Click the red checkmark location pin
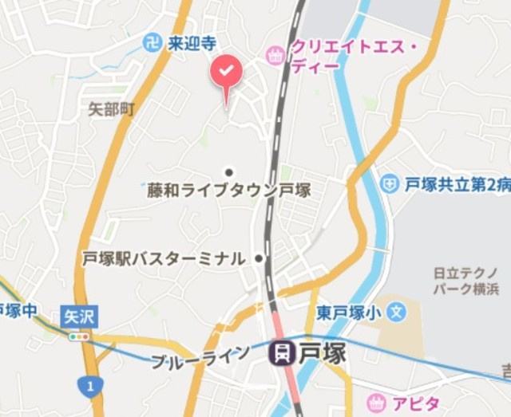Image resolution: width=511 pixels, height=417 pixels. pyautogui.click(x=227, y=73)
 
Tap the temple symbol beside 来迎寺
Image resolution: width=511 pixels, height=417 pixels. pyautogui.click(x=152, y=43)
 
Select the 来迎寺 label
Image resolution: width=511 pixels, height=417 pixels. pyautogui.click(x=192, y=43)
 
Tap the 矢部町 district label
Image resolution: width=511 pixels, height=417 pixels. pyautogui.click(x=111, y=109)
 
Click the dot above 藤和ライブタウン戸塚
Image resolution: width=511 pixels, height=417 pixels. pyautogui.click(x=229, y=172)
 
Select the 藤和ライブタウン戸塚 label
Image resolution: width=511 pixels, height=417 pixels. pyautogui.click(x=228, y=191)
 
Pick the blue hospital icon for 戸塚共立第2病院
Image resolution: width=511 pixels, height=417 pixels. pyautogui.click(x=389, y=184)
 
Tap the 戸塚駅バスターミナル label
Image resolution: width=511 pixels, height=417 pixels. pyautogui.click(x=164, y=258)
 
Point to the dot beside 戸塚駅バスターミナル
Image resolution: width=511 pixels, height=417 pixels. pyautogui.click(x=259, y=258)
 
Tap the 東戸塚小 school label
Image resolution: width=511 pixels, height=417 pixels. pyautogui.click(x=351, y=311)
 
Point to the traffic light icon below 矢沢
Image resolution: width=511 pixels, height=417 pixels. pyautogui.click(x=79, y=336)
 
